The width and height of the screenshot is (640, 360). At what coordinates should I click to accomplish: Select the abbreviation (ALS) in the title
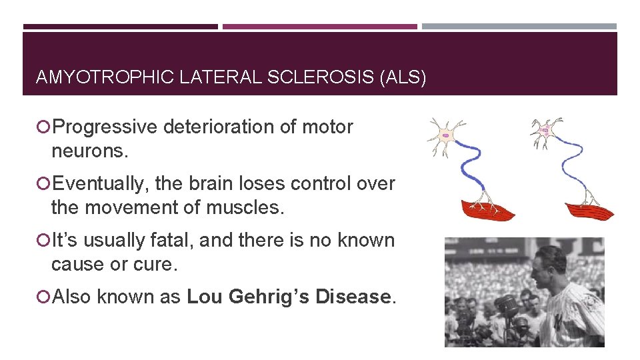point(402,77)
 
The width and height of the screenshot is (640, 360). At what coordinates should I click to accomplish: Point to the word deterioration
point(234,127)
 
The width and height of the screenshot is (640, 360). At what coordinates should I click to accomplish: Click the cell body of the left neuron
point(445,135)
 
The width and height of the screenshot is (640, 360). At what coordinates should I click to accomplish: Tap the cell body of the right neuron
point(547,131)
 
